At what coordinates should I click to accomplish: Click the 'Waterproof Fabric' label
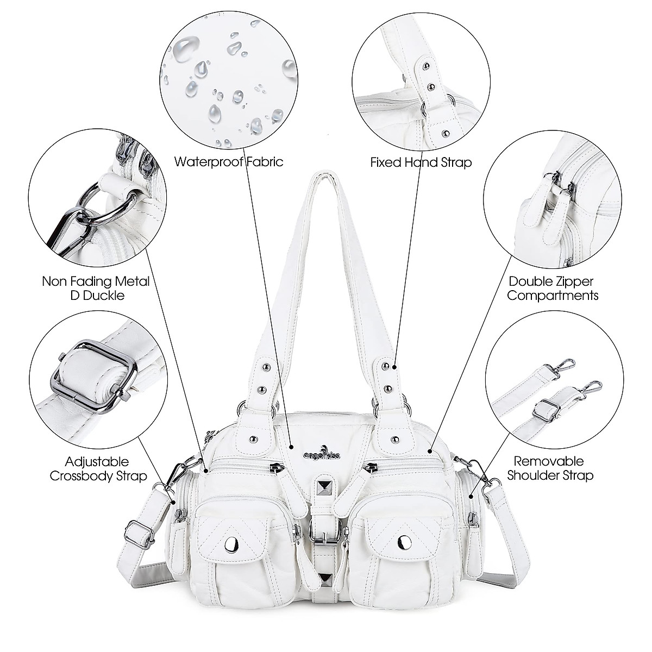pyautogui.click(x=229, y=162)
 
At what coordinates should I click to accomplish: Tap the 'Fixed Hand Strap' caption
pyautogui.click(x=421, y=162)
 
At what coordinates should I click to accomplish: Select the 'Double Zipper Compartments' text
pyautogui.click(x=553, y=289)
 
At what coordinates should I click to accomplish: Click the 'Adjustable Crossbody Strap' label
pyautogui.click(x=97, y=469)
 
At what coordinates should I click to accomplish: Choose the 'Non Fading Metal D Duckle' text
pyautogui.click(x=96, y=289)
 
